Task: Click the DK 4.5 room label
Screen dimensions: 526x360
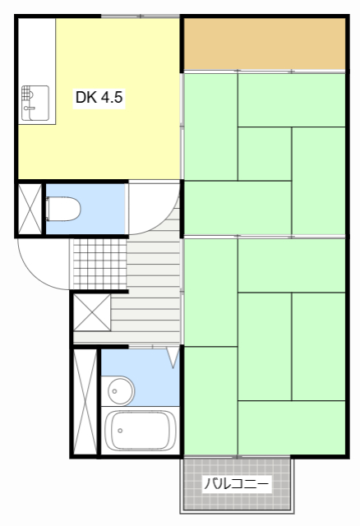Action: (x=99, y=97)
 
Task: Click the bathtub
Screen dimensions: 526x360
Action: (x=140, y=431)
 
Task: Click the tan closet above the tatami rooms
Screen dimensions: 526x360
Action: (x=264, y=44)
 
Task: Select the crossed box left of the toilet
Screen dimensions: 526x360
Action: (x=30, y=209)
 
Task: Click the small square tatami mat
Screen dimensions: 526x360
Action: (x=264, y=154)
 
